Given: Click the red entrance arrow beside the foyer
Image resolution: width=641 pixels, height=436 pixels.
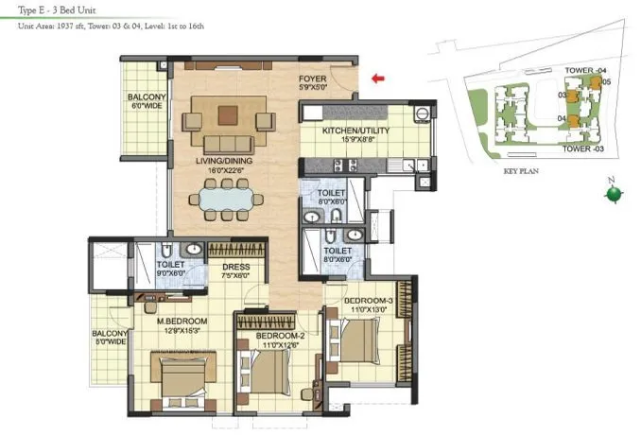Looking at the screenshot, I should coord(379,79).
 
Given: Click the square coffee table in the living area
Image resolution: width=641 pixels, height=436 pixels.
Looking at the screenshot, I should coord(228,115).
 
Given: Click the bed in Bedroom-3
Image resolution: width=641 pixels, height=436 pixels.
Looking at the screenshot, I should coord(359,344).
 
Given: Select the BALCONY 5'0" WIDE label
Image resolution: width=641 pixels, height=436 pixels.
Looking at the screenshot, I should coord(110,339).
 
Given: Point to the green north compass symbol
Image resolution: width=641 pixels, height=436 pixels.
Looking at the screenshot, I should coord(614,195).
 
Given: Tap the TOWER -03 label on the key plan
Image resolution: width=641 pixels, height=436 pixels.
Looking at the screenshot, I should coord(583,149).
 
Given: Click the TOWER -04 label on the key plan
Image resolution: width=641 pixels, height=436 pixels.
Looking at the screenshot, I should coord(583,71).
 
